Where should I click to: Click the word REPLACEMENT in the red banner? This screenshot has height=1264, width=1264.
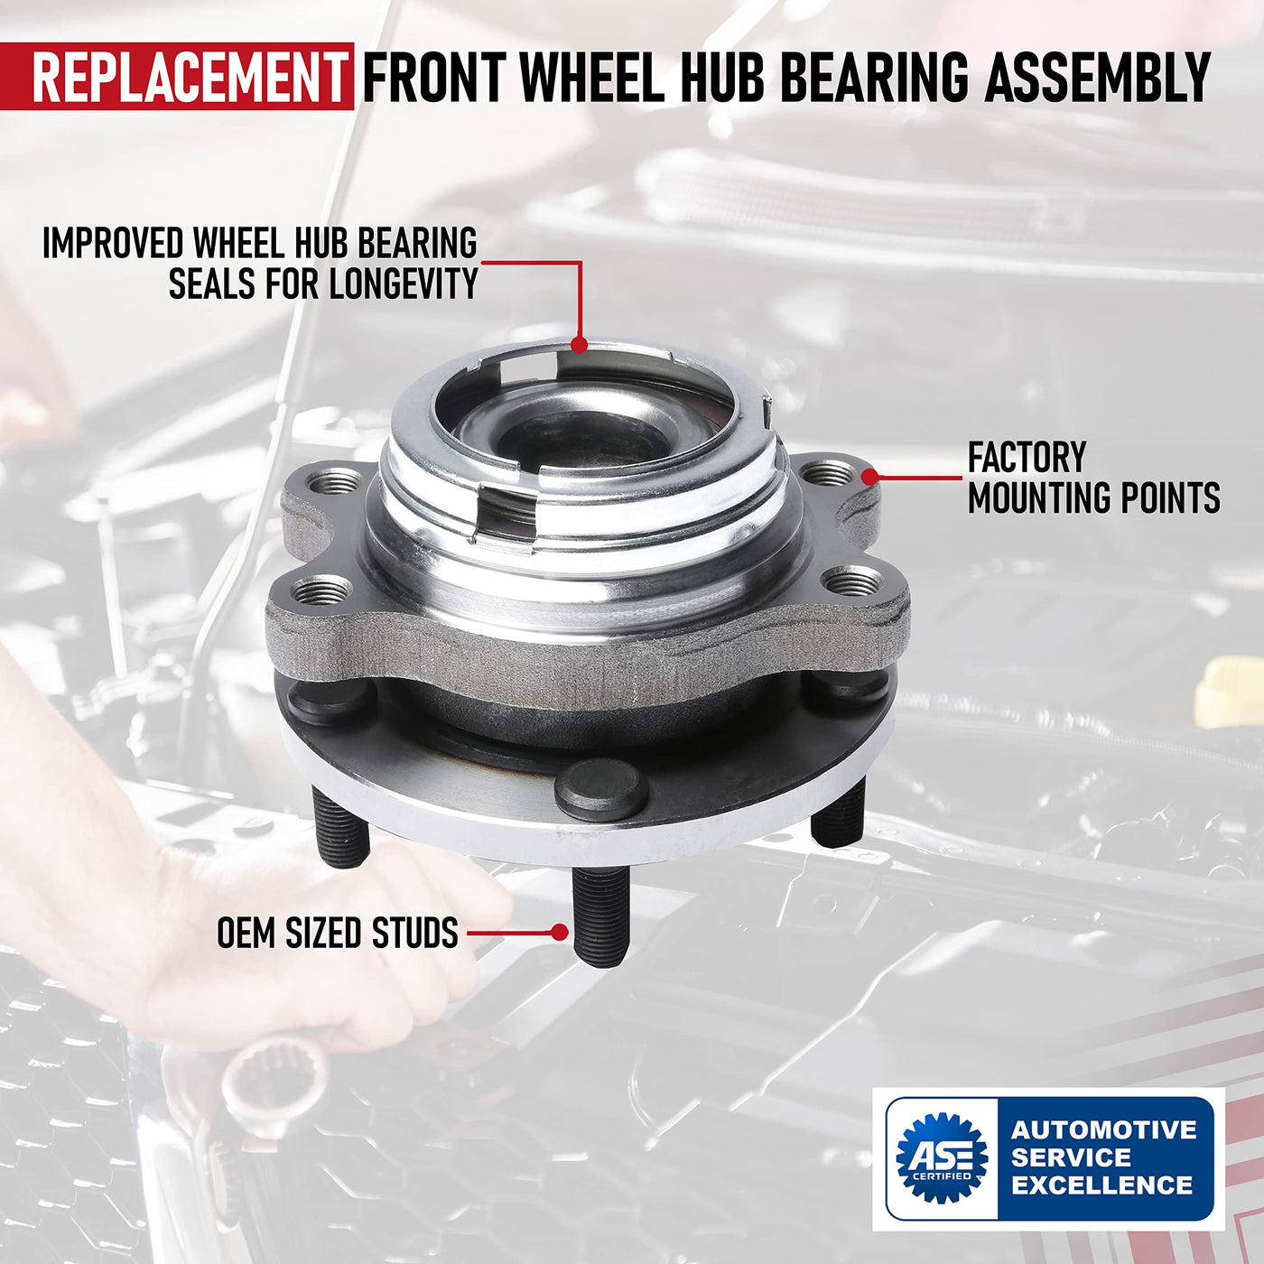[x=191, y=77]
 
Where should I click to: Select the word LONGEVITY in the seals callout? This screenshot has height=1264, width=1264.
[x=404, y=284]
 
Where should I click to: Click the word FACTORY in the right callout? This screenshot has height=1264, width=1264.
[x=1027, y=457]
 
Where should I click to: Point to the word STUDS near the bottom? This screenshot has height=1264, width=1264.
[x=415, y=933]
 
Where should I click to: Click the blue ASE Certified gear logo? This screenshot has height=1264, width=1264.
[x=942, y=1157]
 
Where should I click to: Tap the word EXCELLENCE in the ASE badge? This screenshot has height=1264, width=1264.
[x=1102, y=1185]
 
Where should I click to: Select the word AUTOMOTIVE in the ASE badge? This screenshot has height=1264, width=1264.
[x=1104, y=1129]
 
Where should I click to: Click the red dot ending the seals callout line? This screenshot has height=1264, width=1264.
[x=580, y=344]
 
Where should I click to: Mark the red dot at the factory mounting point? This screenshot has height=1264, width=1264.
[x=869, y=477]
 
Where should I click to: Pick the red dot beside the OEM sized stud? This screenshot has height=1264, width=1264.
[x=560, y=932]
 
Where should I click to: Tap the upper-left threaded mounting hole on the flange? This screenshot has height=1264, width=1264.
[x=334, y=484]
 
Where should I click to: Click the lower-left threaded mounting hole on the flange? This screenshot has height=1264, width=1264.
[x=322, y=591]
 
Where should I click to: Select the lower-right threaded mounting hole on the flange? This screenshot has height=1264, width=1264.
[x=853, y=581]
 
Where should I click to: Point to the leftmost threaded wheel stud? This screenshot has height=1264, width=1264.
[x=341, y=827]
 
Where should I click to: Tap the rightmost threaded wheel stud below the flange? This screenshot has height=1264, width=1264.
[x=838, y=812]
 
